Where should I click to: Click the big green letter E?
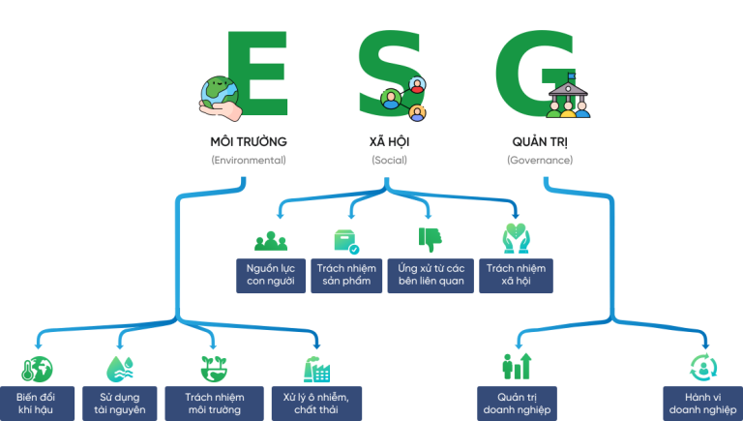[256, 73]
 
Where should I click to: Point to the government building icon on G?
[567, 97]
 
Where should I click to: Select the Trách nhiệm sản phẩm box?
[346, 275]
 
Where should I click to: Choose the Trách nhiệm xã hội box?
[516, 275]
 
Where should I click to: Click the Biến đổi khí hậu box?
[36, 404]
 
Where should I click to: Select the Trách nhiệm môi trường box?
[215, 404]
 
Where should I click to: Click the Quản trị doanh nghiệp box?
[518, 404]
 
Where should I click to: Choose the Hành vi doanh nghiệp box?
[702, 404]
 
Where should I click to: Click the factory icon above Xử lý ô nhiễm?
[316, 368]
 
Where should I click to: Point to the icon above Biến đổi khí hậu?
[37, 368]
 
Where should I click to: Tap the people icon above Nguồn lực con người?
[272, 240]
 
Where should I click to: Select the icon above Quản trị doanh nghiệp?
[517, 367]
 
